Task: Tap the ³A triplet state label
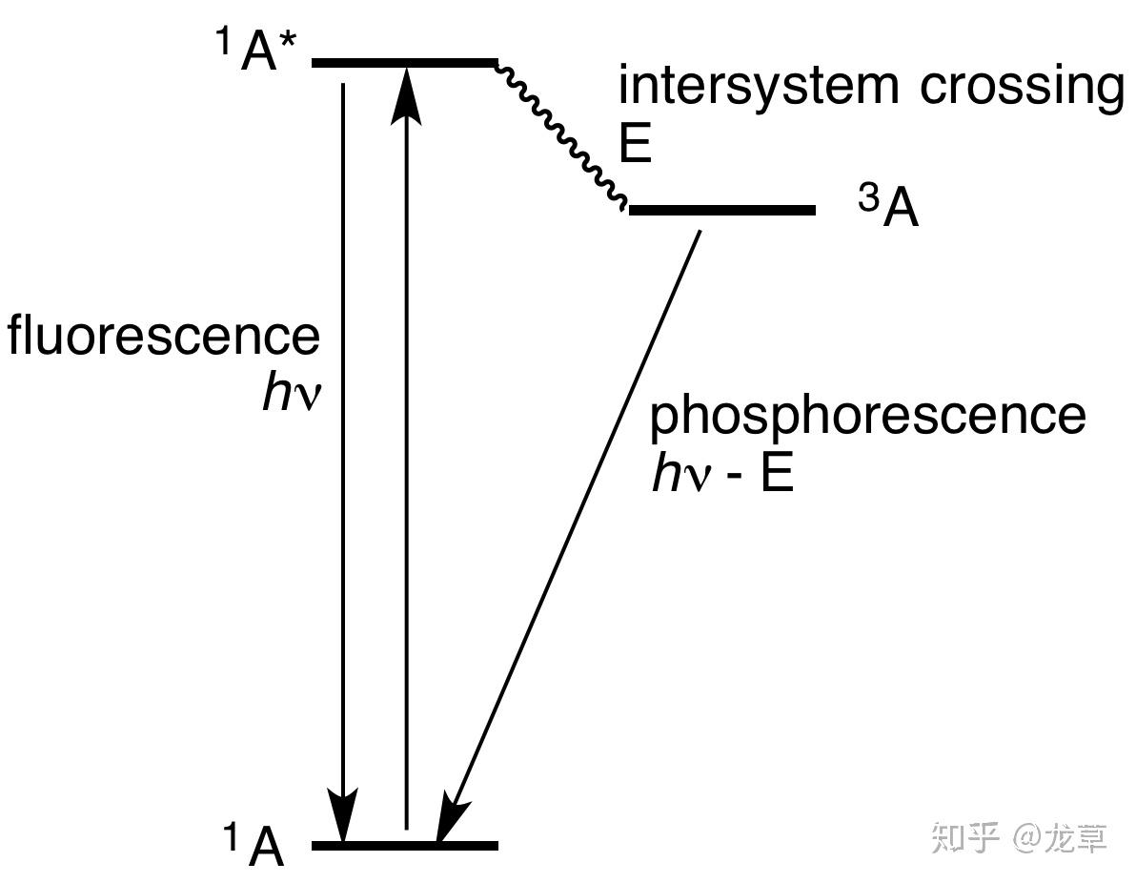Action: (888, 209)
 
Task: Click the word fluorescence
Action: (164, 337)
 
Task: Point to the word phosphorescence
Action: (867, 416)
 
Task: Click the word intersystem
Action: (759, 86)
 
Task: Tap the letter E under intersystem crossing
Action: (634, 145)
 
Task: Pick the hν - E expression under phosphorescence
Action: (721, 473)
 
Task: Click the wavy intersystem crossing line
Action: (562, 133)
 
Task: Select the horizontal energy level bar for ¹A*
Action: (404, 63)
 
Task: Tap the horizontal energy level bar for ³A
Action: (721, 209)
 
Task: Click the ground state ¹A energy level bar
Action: (404, 845)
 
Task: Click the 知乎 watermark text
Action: (964, 836)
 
